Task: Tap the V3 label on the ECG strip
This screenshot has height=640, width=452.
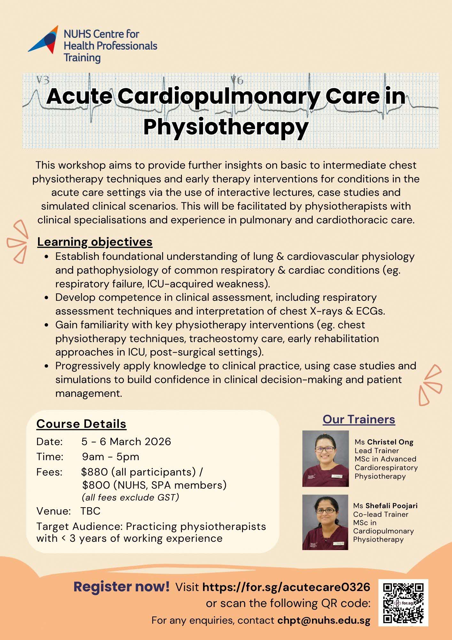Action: tap(43, 80)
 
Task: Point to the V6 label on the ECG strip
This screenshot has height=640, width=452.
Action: tap(237, 80)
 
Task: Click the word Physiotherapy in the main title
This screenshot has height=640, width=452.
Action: tap(226, 127)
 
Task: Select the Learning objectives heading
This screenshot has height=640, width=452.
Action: tap(95, 242)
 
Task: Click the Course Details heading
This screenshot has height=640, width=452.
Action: tap(81, 424)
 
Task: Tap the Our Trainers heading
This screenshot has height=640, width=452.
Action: tap(359, 419)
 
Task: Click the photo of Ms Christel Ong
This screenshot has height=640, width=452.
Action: tap(325, 458)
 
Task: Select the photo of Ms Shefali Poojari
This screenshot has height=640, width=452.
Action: tap(325, 522)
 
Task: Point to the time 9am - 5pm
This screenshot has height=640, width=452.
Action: tap(110, 457)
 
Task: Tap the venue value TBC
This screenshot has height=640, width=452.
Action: tap(90, 511)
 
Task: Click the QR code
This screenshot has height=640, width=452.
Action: tap(403, 602)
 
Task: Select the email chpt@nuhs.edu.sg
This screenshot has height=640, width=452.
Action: tap(324, 620)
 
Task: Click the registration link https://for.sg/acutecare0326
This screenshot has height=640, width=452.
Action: tap(286, 587)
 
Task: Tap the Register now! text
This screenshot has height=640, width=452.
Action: tap(121, 587)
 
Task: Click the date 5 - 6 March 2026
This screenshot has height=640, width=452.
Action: tap(126, 442)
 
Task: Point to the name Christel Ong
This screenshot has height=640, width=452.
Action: tap(390, 442)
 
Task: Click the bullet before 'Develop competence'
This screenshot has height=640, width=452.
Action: tap(47, 298)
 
